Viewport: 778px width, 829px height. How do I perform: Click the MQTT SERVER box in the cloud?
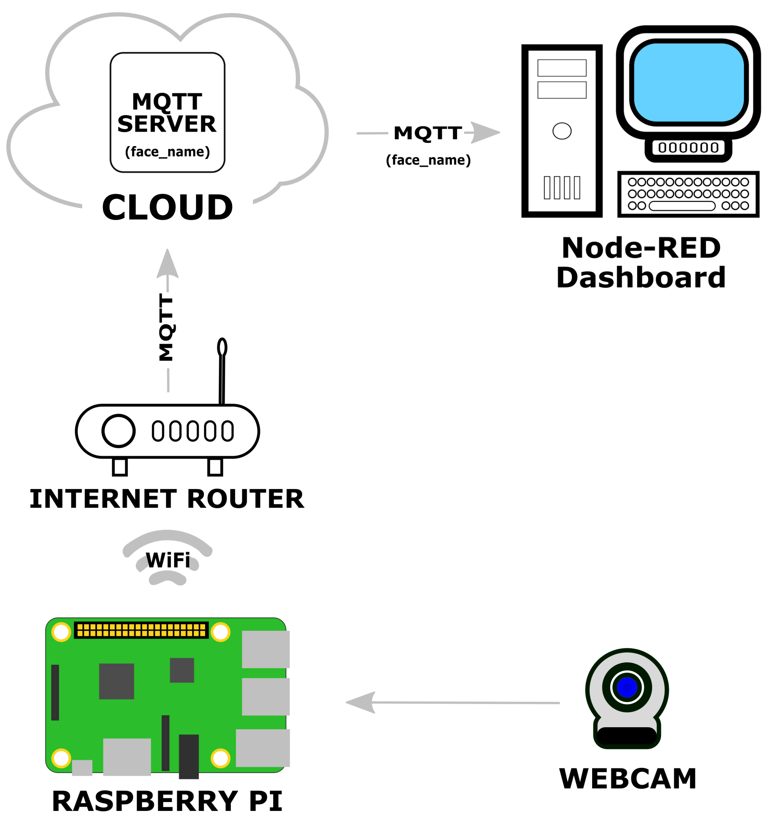click(167, 112)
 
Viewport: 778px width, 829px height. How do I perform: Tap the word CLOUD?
click(167, 207)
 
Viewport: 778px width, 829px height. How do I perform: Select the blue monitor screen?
click(688, 82)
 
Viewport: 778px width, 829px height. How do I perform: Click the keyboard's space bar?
click(682, 206)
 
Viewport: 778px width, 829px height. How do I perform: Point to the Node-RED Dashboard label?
click(641, 262)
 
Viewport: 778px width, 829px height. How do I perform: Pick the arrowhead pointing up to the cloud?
click(167, 264)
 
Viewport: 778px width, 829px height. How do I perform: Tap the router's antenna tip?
click(222, 347)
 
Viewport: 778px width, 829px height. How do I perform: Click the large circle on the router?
click(118, 431)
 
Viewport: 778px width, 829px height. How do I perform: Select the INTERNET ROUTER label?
click(167, 499)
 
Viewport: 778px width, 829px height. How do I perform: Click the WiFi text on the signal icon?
click(168, 560)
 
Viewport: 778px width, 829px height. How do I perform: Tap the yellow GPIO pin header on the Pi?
click(141, 630)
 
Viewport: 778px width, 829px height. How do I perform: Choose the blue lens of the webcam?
click(627, 687)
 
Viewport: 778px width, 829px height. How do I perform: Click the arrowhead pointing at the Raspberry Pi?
click(360, 702)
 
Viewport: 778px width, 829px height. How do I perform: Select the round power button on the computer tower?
click(562, 131)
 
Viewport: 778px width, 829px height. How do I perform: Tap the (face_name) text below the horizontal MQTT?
click(428, 160)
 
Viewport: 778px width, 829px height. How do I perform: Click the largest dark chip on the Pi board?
click(116, 681)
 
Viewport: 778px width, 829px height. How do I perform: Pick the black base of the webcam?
click(627, 736)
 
